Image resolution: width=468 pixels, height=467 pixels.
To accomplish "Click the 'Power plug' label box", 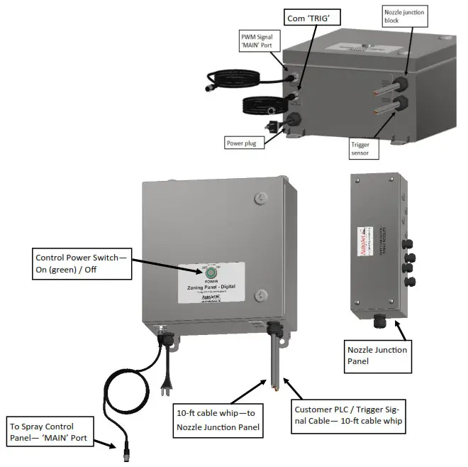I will tap(243, 142).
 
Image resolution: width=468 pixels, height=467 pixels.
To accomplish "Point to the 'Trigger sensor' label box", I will tap(360, 148).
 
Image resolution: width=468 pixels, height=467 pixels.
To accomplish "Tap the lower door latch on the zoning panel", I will tap(262, 295).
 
